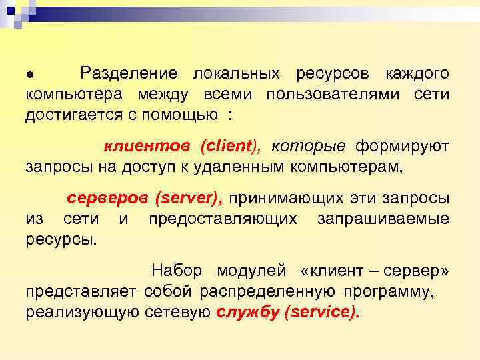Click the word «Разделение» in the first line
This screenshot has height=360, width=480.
coord(129,73)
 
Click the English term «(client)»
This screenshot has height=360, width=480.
coord(216,146)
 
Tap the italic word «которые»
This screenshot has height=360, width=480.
coord(308,146)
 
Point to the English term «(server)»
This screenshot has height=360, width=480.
coord(190,198)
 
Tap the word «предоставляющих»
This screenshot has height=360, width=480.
coord(223,219)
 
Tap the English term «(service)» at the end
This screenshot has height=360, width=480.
coord(321,312)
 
